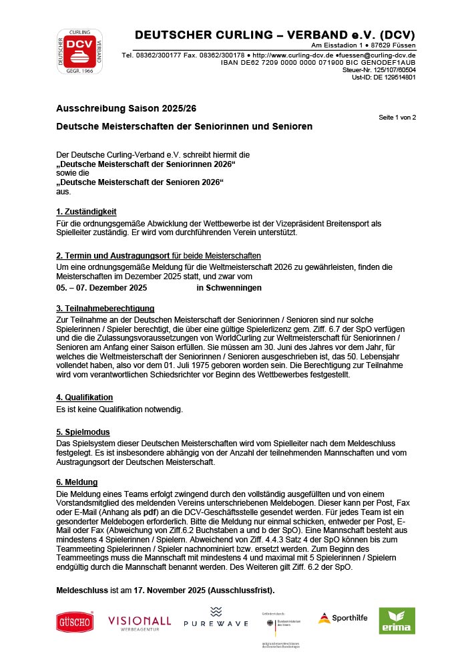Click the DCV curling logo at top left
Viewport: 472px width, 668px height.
(x=79, y=51)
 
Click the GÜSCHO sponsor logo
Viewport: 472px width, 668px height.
(x=75, y=622)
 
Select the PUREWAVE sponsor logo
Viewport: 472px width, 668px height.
(x=216, y=619)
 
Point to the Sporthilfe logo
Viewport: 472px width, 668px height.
(x=342, y=618)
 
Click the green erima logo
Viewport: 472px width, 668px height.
(x=397, y=621)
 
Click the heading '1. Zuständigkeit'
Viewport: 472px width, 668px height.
(x=86, y=211)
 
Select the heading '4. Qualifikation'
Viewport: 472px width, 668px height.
(x=84, y=397)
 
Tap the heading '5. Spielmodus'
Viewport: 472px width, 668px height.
(x=83, y=432)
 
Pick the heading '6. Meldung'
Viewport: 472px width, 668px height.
(x=77, y=482)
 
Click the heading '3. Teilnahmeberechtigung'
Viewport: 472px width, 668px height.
(x=105, y=308)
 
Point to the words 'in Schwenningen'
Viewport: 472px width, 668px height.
(x=229, y=288)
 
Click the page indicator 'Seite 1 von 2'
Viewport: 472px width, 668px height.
(x=397, y=118)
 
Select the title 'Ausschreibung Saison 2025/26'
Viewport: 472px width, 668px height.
(x=126, y=108)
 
